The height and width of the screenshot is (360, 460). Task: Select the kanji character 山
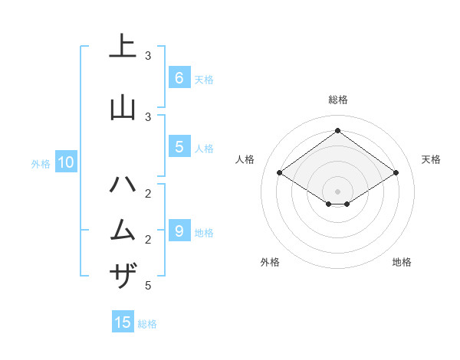pyautogui.click(x=123, y=107)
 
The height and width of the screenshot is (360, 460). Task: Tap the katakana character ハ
pyautogui.click(x=123, y=185)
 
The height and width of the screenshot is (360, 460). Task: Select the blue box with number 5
pyautogui.click(x=179, y=147)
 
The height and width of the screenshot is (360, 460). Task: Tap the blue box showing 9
pyautogui.click(x=179, y=231)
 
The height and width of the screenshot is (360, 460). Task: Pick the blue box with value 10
pyautogui.click(x=65, y=162)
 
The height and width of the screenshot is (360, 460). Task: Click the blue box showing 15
pyautogui.click(x=123, y=322)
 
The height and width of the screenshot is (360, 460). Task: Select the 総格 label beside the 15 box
pyautogui.click(x=147, y=324)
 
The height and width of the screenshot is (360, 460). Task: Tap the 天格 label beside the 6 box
pyautogui.click(x=204, y=79)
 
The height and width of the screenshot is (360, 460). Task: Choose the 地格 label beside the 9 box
pyautogui.click(x=204, y=232)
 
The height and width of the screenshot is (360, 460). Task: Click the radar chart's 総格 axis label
pyautogui.click(x=337, y=100)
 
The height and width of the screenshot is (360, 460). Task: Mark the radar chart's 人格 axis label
pyautogui.click(x=245, y=159)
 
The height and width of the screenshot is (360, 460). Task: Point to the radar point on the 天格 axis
pyautogui.click(x=396, y=173)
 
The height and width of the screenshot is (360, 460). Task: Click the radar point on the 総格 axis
pyautogui.click(x=337, y=130)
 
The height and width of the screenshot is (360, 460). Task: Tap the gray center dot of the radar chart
pyautogui.click(x=337, y=191)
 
